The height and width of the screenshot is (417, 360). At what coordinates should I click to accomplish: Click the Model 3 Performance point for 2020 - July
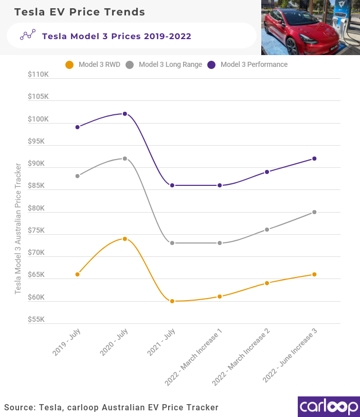(x=125, y=114)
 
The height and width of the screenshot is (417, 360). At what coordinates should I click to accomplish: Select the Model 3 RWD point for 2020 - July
(x=125, y=239)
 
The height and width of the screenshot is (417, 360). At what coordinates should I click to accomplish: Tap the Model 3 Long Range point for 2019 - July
(x=78, y=176)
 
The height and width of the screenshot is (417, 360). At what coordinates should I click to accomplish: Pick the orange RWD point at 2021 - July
(x=172, y=301)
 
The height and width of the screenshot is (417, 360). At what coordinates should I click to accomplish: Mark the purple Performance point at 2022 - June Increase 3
(x=314, y=159)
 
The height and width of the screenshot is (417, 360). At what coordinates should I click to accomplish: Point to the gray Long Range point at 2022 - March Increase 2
(x=267, y=230)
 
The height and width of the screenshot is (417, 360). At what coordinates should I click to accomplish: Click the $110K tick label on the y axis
(x=39, y=74)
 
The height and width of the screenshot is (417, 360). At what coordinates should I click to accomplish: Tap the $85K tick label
(x=39, y=185)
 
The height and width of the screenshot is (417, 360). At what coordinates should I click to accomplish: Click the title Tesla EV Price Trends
(x=80, y=12)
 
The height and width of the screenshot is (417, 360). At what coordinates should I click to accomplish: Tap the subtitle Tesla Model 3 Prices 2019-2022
(x=116, y=36)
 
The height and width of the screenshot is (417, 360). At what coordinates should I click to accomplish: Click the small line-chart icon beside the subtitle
(x=27, y=35)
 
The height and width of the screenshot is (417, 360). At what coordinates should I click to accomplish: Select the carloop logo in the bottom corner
(x=328, y=406)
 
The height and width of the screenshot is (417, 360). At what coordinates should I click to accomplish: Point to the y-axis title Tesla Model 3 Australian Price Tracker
(x=18, y=229)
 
